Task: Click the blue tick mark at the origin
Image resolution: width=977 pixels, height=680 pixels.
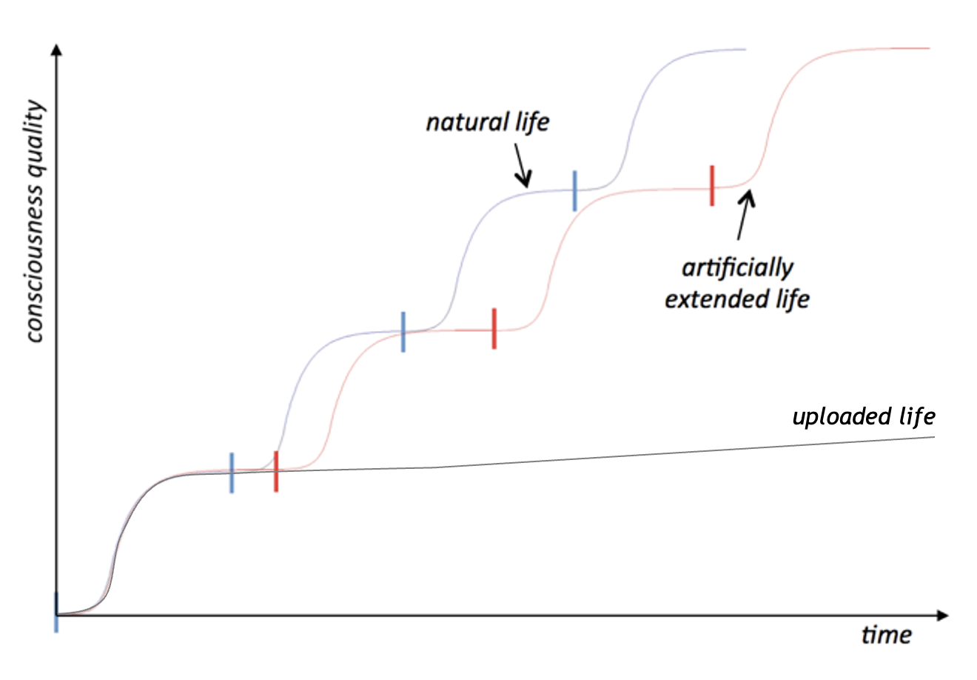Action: click(x=56, y=613)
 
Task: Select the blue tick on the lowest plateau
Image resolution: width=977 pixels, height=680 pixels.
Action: click(x=232, y=473)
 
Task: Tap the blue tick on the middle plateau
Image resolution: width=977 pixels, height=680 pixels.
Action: click(x=403, y=332)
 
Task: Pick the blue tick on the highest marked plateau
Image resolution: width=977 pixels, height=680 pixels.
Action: click(x=574, y=190)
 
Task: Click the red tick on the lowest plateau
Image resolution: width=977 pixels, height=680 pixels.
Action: click(x=276, y=471)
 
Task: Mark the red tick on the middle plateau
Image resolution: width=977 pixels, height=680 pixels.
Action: click(x=494, y=328)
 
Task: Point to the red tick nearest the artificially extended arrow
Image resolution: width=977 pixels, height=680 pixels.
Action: click(x=711, y=186)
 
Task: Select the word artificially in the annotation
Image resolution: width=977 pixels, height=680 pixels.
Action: click(x=737, y=267)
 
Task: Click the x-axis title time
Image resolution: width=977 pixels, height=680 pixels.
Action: click(x=886, y=636)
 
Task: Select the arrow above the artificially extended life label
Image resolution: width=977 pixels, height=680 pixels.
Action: click(x=745, y=215)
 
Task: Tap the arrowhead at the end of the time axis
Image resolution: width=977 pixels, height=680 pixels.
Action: click(x=942, y=615)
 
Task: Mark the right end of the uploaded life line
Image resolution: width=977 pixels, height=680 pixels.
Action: click(x=934, y=437)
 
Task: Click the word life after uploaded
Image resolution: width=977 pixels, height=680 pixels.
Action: click(x=917, y=416)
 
